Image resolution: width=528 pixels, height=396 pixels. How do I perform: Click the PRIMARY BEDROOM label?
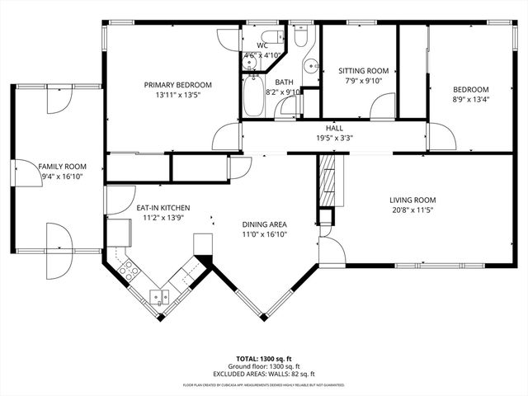177,84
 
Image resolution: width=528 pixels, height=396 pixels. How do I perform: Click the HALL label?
334,128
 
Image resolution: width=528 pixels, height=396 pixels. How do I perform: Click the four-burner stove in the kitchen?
129,267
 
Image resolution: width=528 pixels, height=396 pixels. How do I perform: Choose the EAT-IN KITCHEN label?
163,208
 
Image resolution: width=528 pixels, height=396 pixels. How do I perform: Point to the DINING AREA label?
264,224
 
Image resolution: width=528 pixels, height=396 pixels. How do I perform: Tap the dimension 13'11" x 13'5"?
177,95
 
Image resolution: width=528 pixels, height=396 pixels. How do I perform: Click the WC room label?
263,45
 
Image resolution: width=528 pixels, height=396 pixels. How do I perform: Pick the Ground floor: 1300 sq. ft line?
264,366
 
